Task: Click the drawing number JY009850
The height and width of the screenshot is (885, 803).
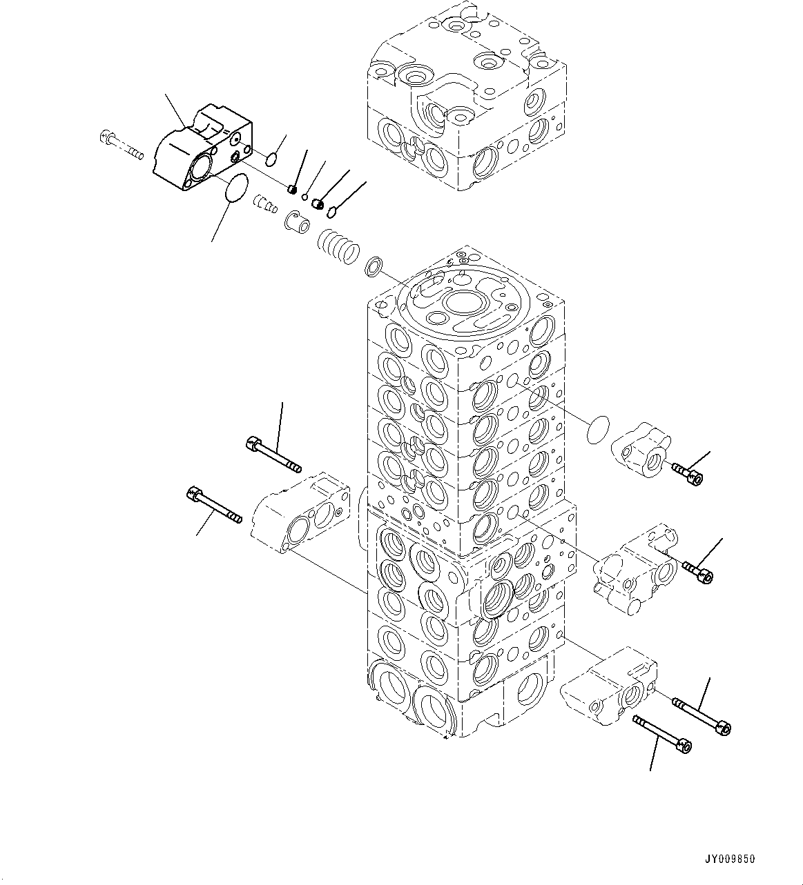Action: (729, 859)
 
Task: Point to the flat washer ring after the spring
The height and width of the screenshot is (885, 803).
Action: (374, 266)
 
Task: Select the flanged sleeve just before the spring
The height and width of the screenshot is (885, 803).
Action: (295, 223)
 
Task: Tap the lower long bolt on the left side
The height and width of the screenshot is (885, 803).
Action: (213, 505)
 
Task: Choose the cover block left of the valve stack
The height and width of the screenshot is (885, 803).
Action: (300, 514)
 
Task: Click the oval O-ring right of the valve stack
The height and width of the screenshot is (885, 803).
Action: (597, 430)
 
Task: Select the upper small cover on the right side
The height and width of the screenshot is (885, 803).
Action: (640, 452)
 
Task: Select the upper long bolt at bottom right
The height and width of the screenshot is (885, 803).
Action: (702, 715)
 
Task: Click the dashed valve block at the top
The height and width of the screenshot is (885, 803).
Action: (468, 97)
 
